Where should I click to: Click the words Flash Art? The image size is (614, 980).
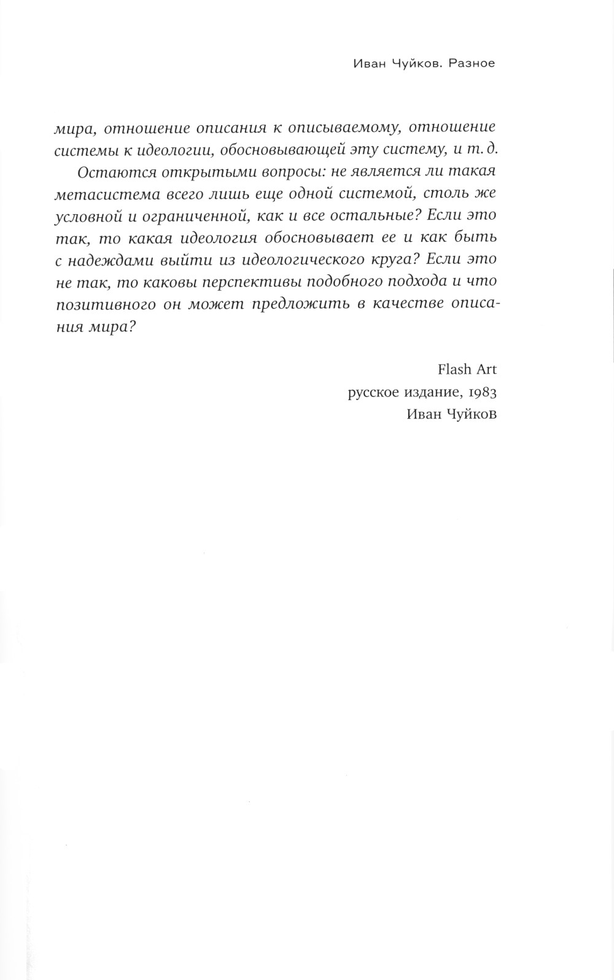[467, 369]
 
